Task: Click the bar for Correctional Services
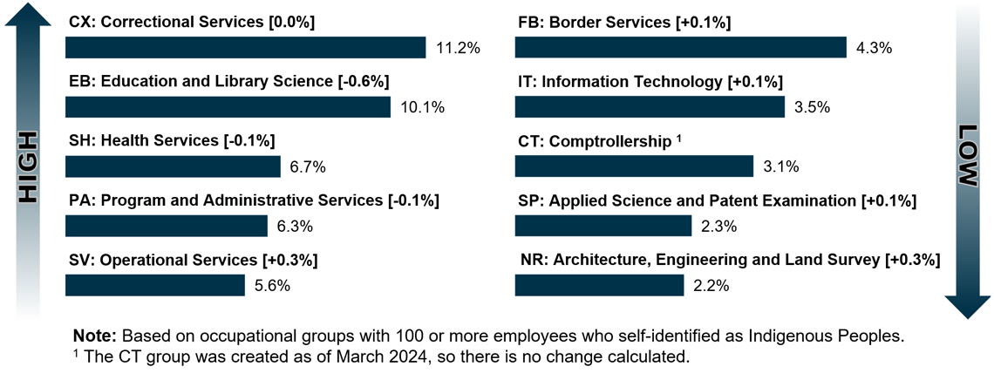pyautogui.click(x=245, y=48)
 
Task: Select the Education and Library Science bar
pyautogui.click(x=228, y=107)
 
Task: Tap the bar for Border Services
pyautogui.click(x=681, y=48)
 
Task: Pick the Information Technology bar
pyautogui.click(x=650, y=107)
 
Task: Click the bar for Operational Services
pyautogui.click(x=155, y=285)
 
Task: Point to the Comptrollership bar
pyautogui.click(x=634, y=166)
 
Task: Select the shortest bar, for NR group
pyautogui.click(x=599, y=285)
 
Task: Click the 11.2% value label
pyautogui.click(x=458, y=49)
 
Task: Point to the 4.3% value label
pyautogui.click(x=875, y=49)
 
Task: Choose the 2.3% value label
pyautogui.click(x=719, y=227)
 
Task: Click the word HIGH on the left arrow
pyautogui.click(x=30, y=168)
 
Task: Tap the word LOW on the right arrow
pyautogui.click(x=969, y=155)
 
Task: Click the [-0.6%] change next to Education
pyautogui.click(x=363, y=81)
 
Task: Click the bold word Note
pyautogui.click(x=93, y=336)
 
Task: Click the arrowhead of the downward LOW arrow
pyautogui.click(x=967, y=305)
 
